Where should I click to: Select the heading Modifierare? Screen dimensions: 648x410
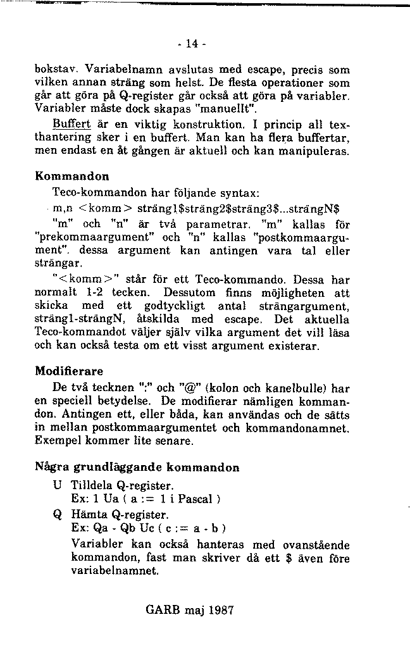click(x=69, y=370)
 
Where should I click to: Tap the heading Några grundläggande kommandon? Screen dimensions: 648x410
click(x=137, y=468)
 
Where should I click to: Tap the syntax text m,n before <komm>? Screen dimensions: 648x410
click(x=61, y=207)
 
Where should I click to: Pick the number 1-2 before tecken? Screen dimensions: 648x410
click(x=96, y=294)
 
